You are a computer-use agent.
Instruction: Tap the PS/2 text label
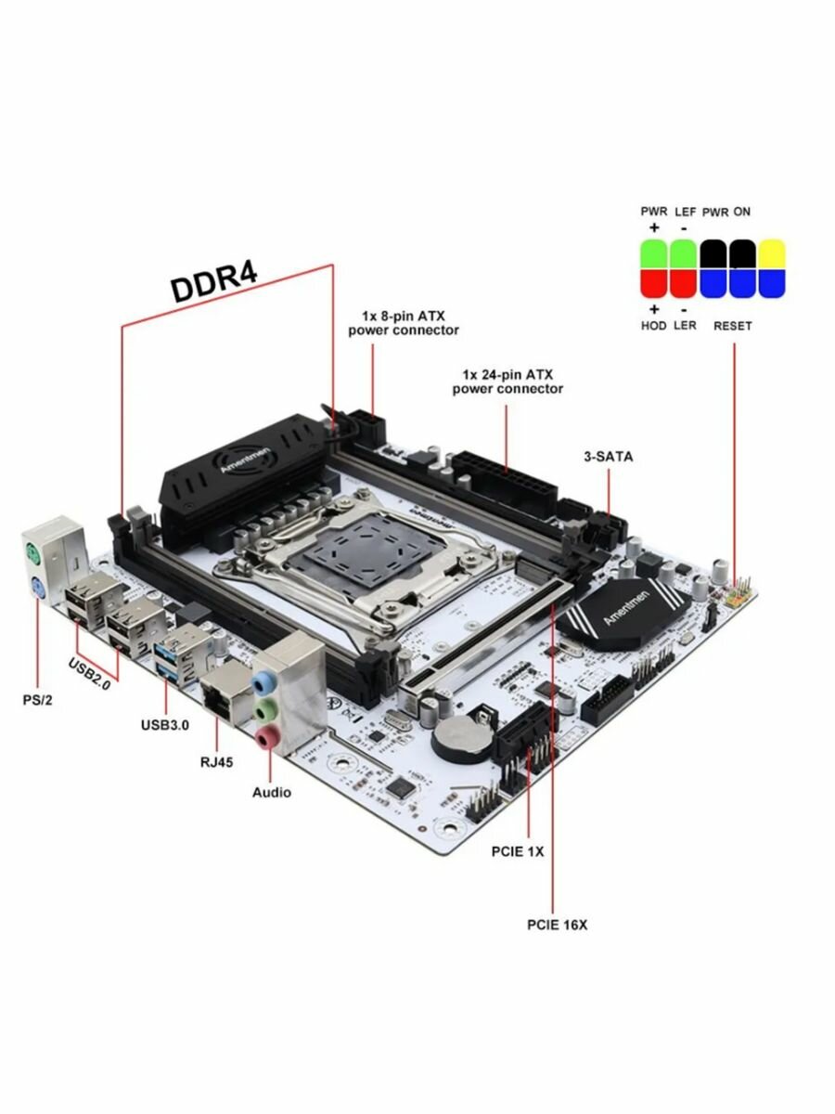click(x=37, y=699)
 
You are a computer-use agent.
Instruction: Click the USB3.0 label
click(x=166, y=724)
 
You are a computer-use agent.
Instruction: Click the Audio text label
click(x=271, y=792)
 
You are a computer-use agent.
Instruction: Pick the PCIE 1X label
click(x=518, y=850)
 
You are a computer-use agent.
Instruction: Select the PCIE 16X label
click(x=557, y=925)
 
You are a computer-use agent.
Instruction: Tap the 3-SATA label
click(x=608, y=457)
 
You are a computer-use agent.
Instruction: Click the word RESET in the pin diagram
click(x=732, y=326)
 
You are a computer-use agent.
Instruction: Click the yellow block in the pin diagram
click(x=772, y=254)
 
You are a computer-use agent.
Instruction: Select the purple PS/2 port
click(x=38, y=588)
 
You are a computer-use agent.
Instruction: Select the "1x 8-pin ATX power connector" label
click(x=403, y=323)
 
